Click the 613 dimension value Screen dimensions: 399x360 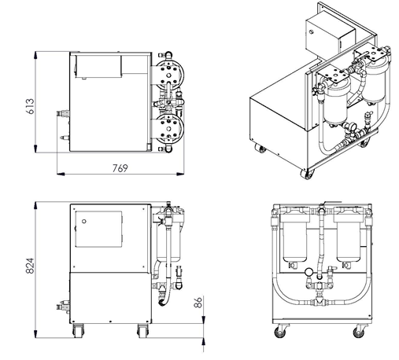(x=31, y=106)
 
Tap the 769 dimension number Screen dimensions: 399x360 (x=120, y=168)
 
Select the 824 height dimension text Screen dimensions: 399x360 (x=30, y=266)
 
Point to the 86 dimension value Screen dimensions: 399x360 (x=198, y=302)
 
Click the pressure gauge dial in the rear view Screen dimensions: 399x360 (x=309, y=272)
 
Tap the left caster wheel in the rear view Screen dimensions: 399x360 (x=279, y=332)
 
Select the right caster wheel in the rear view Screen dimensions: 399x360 (x=359, y=332)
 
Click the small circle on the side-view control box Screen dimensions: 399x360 (x=84, y=222)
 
